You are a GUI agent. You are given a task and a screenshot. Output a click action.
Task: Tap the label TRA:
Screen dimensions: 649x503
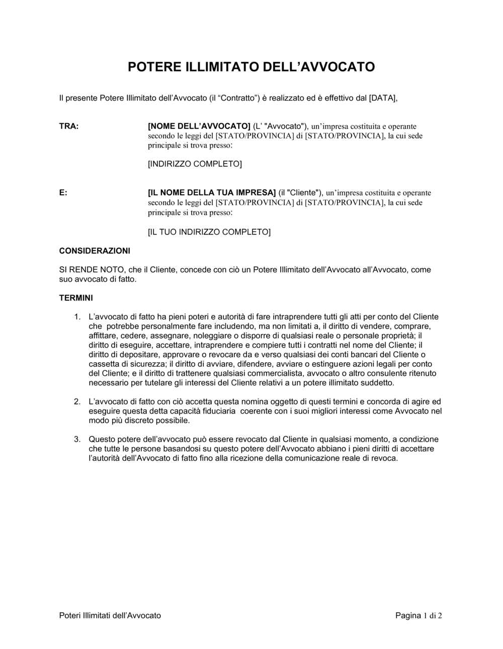tap(69, 126)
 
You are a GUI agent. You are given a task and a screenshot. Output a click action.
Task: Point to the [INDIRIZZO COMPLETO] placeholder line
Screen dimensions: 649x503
tap(195, 164)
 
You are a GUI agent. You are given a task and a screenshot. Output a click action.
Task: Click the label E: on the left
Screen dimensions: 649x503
tap(63, 193)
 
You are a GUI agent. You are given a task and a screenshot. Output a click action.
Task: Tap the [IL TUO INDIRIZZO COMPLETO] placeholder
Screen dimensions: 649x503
tap(209, 232)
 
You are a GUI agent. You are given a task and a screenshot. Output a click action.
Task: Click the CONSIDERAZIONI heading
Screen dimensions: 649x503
tap(95, 251)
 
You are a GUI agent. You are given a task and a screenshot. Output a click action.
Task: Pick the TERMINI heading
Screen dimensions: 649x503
tap(76, 298)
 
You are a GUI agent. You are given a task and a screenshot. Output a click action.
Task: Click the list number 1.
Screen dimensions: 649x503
tap(77, 317)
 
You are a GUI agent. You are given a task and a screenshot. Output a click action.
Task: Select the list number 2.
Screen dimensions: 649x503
tap(77, 401)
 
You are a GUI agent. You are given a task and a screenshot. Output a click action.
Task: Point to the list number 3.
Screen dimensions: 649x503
tap(77, 439)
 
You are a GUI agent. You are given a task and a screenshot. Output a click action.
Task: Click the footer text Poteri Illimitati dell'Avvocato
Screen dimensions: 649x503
tap(110, 615)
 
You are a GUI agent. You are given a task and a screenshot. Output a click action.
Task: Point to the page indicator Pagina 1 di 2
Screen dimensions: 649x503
tap(418, 615)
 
